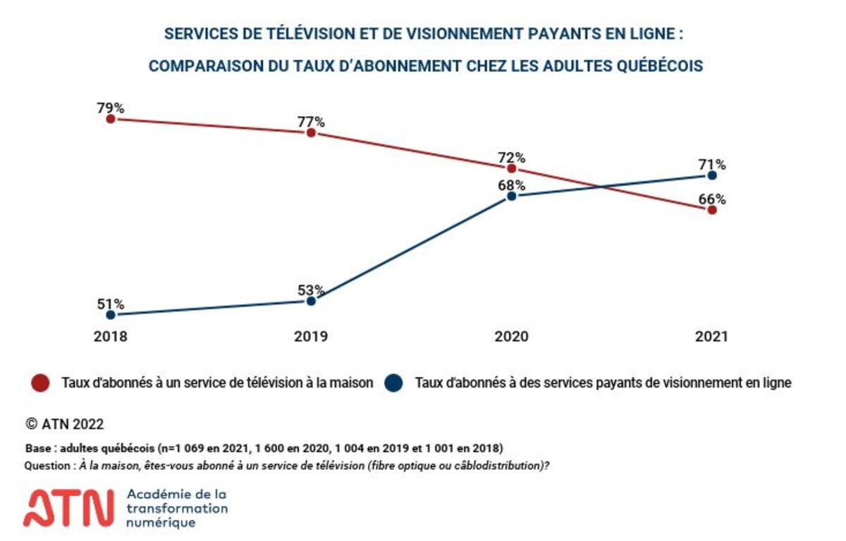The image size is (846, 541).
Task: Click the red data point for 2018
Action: tap(111, 119)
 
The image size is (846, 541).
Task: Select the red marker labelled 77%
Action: tap(311, 132)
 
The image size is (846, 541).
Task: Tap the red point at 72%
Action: tap(512, 168)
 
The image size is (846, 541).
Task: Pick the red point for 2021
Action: tap(712, 210)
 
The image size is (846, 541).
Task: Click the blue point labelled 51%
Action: tap(111, 315)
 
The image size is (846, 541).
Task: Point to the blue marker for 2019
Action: tap(311, 301)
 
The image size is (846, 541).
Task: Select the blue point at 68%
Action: tap(512, 196)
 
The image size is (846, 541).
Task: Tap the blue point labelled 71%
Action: tap(712, 175)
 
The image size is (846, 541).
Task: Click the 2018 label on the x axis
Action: tap(111, 337)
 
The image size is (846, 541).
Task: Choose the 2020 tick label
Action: tap(512, 337)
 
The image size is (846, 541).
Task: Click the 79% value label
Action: tap(111, 108)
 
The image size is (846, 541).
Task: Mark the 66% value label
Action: tap(712, 199)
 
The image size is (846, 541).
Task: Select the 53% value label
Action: tap(311, 290)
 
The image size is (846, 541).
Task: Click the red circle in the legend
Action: tap(41, 383)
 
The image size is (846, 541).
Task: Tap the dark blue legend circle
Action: tap(394, 383)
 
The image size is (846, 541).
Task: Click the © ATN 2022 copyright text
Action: tap(64, 424)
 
